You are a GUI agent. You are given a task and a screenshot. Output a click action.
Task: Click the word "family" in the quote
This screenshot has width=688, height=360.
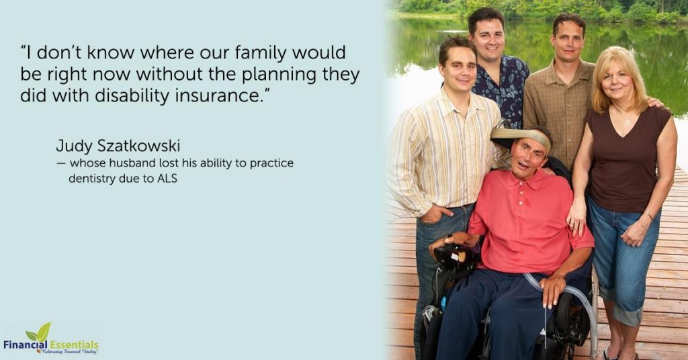[x=260, y=53]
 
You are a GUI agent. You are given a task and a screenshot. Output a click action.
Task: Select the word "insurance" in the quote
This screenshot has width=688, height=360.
[x=219, y=95]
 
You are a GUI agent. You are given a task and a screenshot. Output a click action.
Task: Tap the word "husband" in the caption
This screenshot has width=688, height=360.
[x=132, y=163]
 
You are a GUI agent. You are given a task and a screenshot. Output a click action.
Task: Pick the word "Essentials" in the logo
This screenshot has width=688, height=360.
[x=74, y=344]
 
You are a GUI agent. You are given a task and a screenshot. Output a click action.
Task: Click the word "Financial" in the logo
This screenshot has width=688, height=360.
[x=26, y=344]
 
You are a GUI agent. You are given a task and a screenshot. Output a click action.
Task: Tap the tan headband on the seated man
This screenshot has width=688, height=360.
[x=521, y=135]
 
